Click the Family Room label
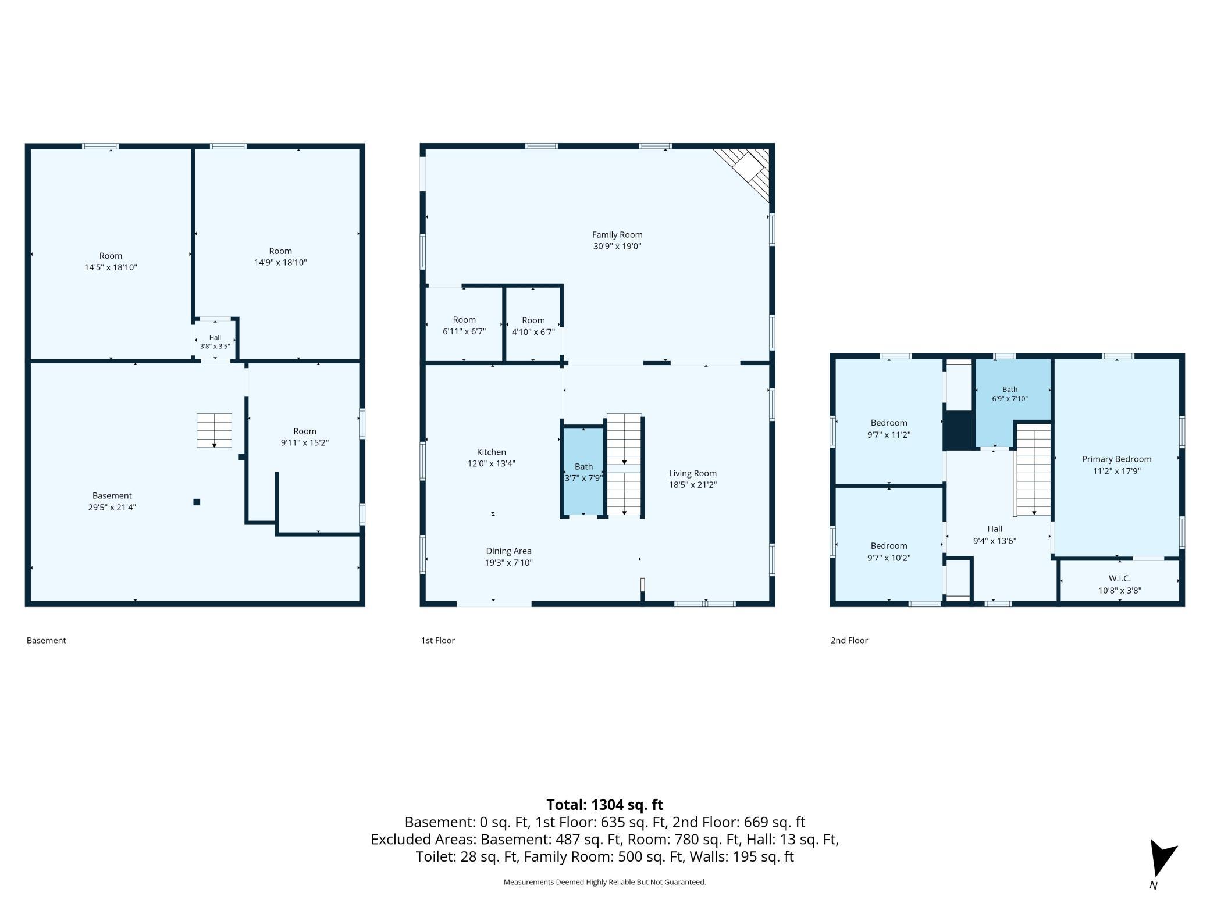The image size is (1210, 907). [617, 235]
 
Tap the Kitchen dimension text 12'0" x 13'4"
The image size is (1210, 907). [492, 464]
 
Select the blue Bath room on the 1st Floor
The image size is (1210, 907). [583, 472]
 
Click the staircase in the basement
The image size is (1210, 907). [214, 430]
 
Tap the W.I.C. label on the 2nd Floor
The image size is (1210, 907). [1120, 579]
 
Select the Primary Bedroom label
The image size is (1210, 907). [1116, 459]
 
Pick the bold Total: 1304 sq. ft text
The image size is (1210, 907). [605, 805]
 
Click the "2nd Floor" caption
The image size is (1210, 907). [849, 640]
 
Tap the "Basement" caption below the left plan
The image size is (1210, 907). [47, 640]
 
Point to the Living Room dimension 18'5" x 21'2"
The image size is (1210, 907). [693, 485]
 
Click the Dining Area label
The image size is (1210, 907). [509, 551]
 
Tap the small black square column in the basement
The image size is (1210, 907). [197, 502]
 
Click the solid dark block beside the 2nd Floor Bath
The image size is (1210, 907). [958, 430]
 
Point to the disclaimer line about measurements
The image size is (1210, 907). [605, 882]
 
